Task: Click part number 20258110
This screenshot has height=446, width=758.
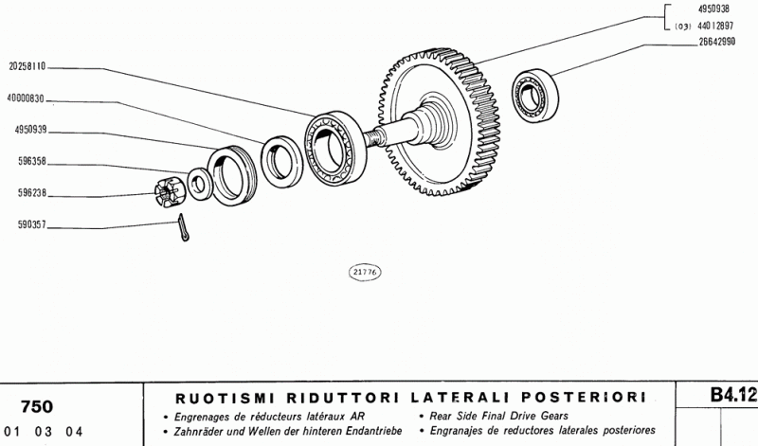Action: coord(27,66)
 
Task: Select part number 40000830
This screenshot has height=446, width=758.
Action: coord(26,99)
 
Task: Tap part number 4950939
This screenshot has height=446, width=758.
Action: coord(31,130)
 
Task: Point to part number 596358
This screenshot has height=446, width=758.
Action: coord(32,161)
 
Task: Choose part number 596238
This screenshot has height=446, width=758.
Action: coord(32,193)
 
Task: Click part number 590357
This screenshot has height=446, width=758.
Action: coord(32,224)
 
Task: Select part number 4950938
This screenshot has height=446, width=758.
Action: coord(713,9)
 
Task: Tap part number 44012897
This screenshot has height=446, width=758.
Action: coord(715,27)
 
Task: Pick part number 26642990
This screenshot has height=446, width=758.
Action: coord(717,42)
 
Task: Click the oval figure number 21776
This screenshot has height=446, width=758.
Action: coord(365,273)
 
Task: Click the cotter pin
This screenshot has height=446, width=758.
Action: coord(183,227)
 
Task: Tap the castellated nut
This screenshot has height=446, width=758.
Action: coord(170,192)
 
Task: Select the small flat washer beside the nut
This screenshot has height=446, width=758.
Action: coord(201,184)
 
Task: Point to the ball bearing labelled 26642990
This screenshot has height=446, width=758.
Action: coord(534,96)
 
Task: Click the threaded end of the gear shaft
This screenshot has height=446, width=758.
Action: coord(375,136)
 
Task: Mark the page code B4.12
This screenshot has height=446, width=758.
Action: coord(733,395)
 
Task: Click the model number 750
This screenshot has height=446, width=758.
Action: coord(37,407)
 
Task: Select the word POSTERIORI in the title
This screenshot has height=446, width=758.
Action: coord(584,397)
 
